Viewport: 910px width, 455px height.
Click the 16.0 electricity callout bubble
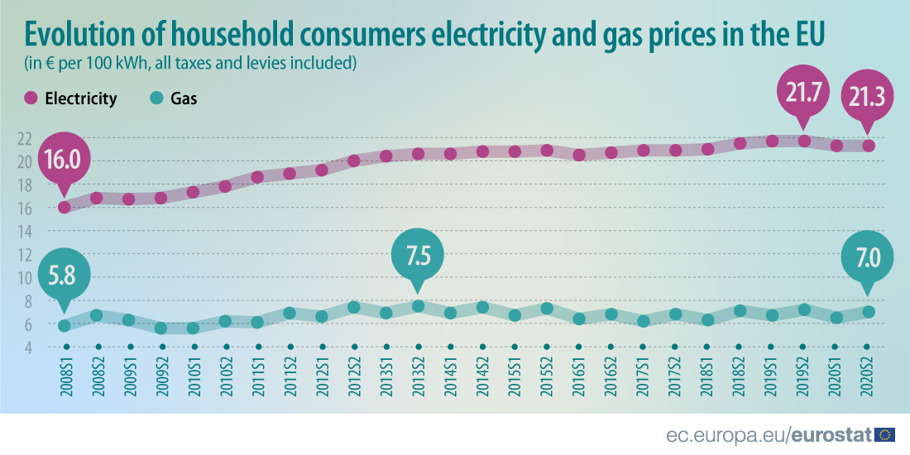[x=64, y=160]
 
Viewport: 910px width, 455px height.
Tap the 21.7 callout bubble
[x=802, y=93]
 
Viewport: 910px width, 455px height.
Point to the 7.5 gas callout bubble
[x=417, y=252]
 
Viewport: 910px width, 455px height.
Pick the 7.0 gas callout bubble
[x=866, y=258]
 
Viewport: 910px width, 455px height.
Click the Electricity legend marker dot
[x=31, y=98]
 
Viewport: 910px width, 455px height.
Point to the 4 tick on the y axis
[x=28, y=347]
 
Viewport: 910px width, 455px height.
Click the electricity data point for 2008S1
[x=64, y=208]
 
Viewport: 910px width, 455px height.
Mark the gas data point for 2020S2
[x=867, y=312]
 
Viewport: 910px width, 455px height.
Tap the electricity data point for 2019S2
[x=803, y=141]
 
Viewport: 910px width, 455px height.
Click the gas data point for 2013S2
[x=418, y=306]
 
